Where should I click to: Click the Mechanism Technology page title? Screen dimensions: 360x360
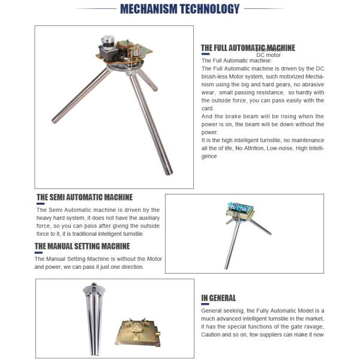point(180,8)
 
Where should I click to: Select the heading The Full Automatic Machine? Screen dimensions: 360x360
point(248,48)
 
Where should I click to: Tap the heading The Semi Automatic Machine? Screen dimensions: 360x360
point(85,197)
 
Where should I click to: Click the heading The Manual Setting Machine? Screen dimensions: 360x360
point(82,246)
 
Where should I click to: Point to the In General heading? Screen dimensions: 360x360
point(218,298)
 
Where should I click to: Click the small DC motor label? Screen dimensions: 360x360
point(269,55)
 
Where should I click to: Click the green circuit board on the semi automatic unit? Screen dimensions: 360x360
point(239,208)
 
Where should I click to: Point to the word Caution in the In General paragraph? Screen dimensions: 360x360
point(214,334)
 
